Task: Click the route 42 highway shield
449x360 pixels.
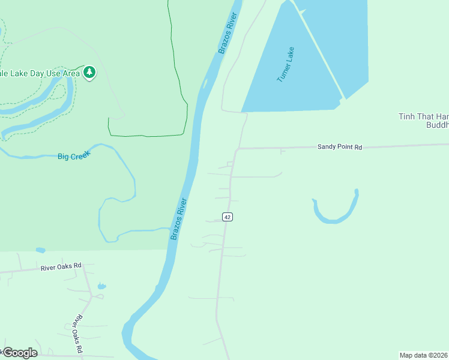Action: (x=227, y=217)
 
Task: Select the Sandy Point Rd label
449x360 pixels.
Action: (x=340, y=146)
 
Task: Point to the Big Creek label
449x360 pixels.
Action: (x=74, y=155)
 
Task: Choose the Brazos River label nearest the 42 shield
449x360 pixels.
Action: (x=179, y=219)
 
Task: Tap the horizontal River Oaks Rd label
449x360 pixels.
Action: (x=61, y=268)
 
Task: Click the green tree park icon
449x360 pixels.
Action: (x=89, y=73)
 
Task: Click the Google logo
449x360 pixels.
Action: (x=20, y=352)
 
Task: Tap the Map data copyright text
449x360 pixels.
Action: (x=424, y=355)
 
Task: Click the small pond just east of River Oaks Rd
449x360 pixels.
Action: (x=101, y=287)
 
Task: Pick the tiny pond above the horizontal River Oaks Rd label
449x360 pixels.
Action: (x=40, y=250)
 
